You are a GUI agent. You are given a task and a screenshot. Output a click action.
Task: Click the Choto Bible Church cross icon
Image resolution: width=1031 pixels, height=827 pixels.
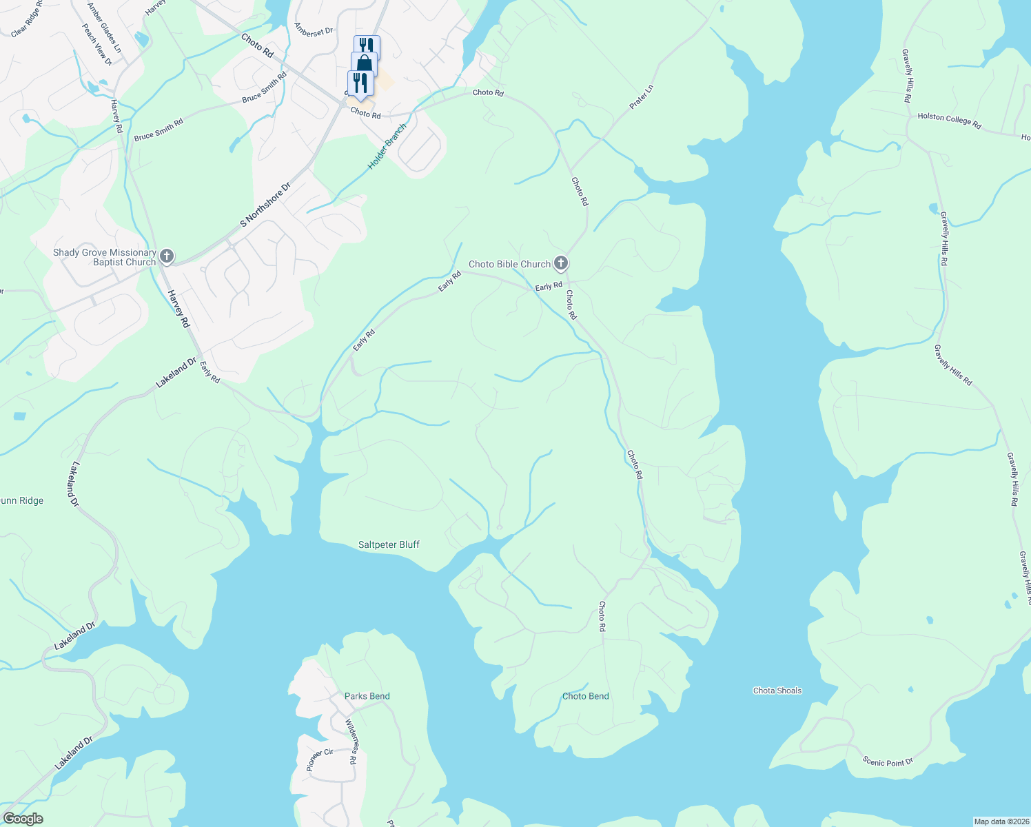point(561,263)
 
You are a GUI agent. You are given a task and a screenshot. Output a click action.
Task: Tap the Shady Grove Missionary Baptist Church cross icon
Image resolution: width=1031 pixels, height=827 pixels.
point(166,257)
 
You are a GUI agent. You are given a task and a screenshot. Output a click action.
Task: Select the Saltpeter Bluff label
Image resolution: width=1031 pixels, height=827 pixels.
point(389,544)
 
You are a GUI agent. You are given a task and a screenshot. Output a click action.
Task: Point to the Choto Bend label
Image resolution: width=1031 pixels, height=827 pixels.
point(585,696)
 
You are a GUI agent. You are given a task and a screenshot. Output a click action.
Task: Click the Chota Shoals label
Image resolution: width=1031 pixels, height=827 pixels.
point(777,691)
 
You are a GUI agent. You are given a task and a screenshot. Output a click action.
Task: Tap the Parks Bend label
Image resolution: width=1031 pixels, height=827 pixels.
point(367,696)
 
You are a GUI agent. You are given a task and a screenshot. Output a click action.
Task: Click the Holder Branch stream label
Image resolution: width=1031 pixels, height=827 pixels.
point(387,147)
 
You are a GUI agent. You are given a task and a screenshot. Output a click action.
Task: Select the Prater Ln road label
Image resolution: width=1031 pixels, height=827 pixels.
point(641,97)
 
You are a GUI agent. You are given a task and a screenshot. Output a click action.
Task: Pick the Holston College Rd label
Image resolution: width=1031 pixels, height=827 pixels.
point(949,121)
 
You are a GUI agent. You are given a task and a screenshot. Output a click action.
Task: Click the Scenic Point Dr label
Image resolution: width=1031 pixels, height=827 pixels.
point(888,762)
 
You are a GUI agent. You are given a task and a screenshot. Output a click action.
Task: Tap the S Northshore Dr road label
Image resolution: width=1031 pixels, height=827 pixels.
point(265,205)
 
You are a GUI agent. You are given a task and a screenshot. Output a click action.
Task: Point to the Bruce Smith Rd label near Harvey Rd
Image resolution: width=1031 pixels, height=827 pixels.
point(159,130)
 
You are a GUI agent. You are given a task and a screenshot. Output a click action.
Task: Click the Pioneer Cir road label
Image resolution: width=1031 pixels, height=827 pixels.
point(319,759)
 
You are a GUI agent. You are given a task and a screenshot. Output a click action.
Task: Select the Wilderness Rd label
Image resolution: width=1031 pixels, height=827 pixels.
point(351,742)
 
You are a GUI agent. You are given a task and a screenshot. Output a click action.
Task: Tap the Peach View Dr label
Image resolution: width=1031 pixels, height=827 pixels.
point(97,45)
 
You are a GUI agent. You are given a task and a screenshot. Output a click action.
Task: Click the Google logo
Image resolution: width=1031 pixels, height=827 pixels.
point(23,819)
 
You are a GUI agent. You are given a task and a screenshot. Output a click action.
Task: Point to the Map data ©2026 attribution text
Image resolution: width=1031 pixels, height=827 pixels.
point(1000,821)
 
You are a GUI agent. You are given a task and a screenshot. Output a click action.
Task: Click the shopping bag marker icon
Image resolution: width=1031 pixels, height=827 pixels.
point(364,64)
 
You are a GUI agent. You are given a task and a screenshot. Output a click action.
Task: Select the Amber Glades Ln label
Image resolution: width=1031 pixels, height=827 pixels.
point(104,28)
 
